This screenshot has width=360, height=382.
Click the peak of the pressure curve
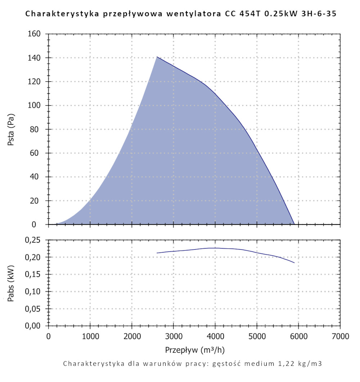click(x=157, y=57)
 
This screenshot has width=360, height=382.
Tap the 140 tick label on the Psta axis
click(x=35, y=58)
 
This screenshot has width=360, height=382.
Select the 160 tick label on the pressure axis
click(x=35, y=34)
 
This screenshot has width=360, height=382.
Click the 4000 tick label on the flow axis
click(x=215, y=337)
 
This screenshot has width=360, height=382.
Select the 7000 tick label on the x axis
click(x=340, y=337)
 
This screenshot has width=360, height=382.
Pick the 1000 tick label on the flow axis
click(x=90, y=337)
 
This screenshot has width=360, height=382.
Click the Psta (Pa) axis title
click(x=11, y=129)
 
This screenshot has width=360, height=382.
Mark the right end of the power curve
click(x=294, y=263)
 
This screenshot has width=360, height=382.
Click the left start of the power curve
click(x=157, y=253)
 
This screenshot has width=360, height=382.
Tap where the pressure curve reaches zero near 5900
click(x=294, y=224)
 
